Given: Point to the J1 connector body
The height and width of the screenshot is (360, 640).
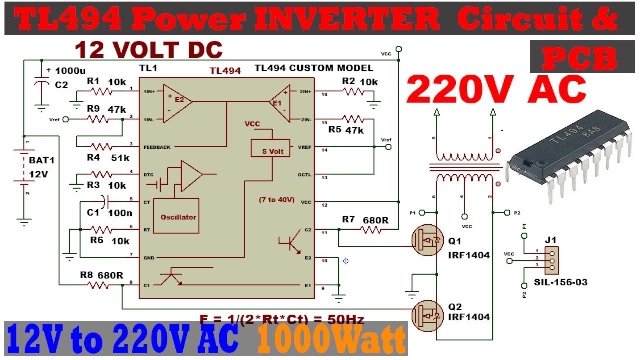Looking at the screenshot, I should [x=551, y=260].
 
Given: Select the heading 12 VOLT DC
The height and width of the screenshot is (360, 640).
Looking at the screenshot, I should [x=148, y=50].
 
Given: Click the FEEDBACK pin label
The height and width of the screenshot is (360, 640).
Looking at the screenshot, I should [x=157, y=147].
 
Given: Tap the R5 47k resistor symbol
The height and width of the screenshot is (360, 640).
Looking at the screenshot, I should [x=354, y=119].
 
